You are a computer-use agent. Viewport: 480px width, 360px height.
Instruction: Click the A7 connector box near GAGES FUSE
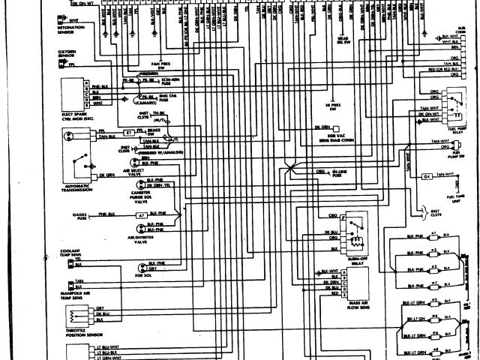tap(141, 214)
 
